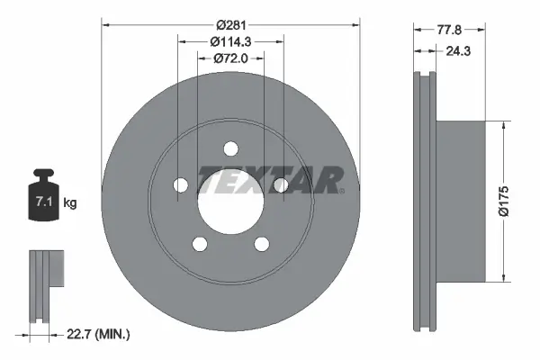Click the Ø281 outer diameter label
[x=229, y=24]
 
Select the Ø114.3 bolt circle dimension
[x=229, y=41]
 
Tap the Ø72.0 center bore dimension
[x=229, y=58]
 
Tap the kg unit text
[x=70, y=203]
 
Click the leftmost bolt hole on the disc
[x=179, y=184]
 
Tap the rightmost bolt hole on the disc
[x=281, y=184]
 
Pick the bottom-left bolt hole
[x=199, y=244]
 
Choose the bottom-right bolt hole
[x=262, y=244]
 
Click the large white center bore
[x=230, y=200]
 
